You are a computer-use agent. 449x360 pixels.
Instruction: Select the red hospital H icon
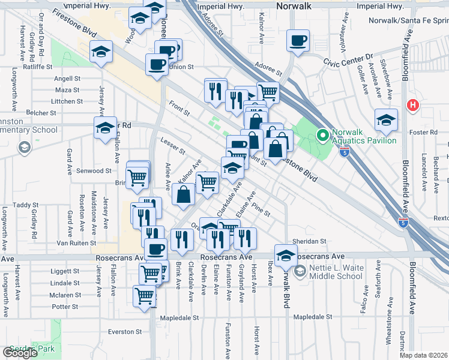412,105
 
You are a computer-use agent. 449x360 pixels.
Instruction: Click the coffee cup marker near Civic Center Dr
298,41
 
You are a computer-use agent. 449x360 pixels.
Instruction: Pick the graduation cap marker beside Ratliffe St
101,52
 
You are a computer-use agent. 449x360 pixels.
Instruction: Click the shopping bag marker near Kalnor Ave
184,194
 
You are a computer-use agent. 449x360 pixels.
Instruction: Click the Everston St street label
125,331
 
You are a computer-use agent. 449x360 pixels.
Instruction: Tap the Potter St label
61,307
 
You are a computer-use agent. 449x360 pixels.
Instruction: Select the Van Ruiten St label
76,243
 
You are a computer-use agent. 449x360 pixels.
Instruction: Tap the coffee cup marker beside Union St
158,65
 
